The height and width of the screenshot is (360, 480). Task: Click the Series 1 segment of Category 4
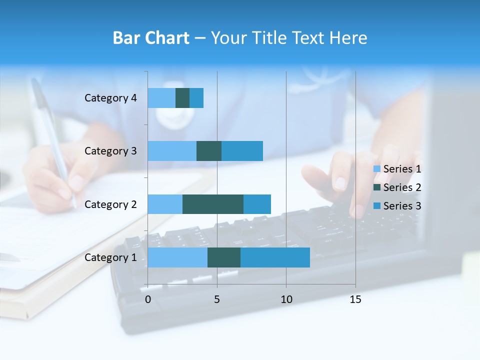tap(161, 98)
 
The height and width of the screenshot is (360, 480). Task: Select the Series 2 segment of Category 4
tap(182, 98)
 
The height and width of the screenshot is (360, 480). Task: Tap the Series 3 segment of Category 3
tap(242, 151)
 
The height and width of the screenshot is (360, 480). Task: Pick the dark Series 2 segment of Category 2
tap(213, 204)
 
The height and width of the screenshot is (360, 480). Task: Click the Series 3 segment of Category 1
tap(275, 257)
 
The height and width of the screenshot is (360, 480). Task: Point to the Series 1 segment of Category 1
tap(177, 257)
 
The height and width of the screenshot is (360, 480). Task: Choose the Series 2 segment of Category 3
tap(209, 151)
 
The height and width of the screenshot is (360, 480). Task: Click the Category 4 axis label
tap(110, 98)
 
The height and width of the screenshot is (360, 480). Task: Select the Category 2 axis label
tap(110, 204)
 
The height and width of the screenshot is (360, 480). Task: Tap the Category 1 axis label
tap(110, 257)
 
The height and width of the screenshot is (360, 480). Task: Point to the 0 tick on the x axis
tap(148, 299)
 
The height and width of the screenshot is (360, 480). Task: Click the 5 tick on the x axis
tap(217, 299)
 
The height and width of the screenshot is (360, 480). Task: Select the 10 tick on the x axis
tap(286, 299)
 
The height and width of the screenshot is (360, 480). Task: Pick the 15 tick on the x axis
tap(355, 299)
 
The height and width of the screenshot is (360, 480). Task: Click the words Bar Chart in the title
tap(151, 38)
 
